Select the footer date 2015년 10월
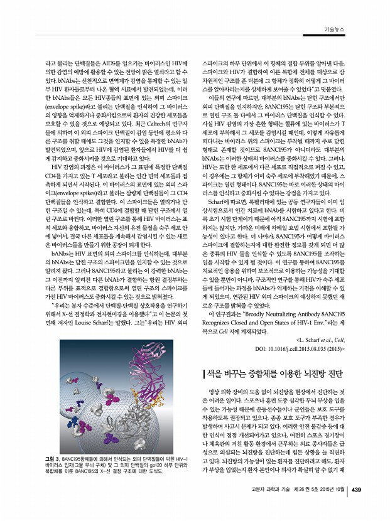[x=330, y=491]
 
